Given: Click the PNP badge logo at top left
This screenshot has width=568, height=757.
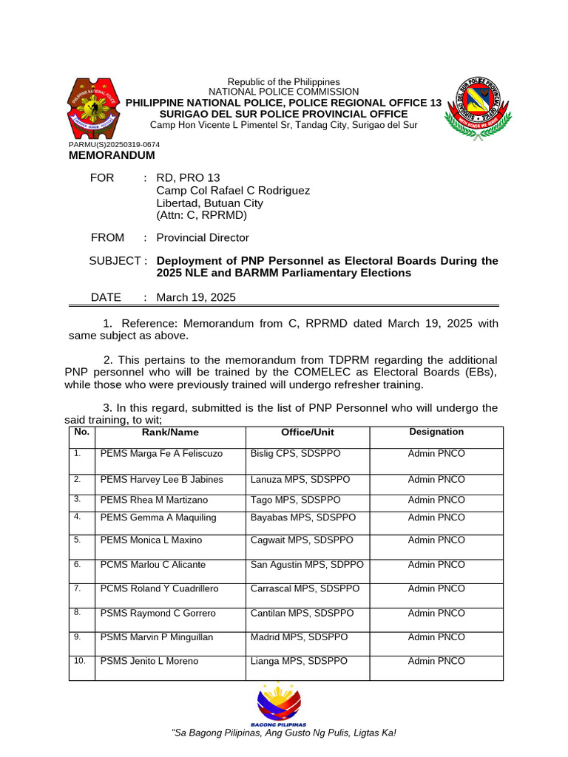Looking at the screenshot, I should point(92,109).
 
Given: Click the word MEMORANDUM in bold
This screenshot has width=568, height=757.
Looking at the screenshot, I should point(112,156).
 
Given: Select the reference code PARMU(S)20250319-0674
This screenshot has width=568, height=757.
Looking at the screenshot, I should point(114,145).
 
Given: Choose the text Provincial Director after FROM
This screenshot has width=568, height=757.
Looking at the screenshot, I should point(203,238).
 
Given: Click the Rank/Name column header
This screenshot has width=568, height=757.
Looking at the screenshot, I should point(170,432).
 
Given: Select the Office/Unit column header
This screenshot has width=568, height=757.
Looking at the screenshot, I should point(307,432).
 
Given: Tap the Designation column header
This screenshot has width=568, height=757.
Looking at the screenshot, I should point(436,432).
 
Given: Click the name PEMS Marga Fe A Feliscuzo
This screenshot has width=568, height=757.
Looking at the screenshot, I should point(160,453).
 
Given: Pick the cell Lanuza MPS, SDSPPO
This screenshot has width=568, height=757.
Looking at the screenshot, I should point(300,480).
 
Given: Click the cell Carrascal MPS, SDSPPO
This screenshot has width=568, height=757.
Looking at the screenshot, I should point(305,589).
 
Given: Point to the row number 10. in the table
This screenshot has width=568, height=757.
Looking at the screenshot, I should point(81,661).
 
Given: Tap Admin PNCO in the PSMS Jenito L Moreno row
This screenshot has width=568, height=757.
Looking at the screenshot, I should point(436,662).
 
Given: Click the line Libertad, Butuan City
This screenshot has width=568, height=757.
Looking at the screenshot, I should point(209,203).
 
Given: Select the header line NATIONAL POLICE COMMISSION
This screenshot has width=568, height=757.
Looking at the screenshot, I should point(283,92).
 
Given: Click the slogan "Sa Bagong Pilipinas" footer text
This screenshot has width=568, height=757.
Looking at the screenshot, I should point(283,733).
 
